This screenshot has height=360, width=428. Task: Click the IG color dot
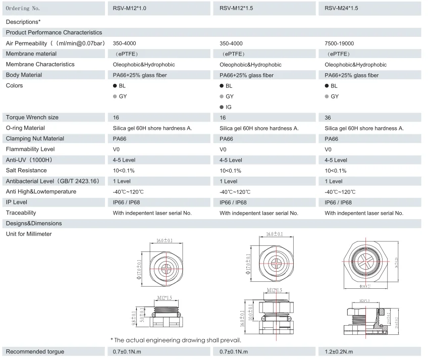click(222, 107)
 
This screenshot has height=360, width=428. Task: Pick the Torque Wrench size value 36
click(328, 117)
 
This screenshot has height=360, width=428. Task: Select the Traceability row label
click(21, 213)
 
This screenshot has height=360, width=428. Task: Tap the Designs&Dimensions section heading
click(34, 223)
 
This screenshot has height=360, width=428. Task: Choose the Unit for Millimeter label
click(29, 234)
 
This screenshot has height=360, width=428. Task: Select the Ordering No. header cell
click(23, 9)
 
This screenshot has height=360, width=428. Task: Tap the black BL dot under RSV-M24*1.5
click(327, 86)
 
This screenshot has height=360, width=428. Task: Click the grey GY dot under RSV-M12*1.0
click(115, 96)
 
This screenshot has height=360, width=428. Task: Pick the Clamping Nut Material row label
click(35, 139)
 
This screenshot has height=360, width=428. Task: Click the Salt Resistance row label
click(26, 171)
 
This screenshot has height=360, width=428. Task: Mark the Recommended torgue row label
click(35, 351)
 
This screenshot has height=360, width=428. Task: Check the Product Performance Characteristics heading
click(54, 32)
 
